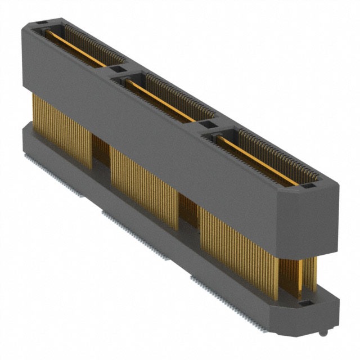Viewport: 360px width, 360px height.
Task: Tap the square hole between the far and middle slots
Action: pyautogui.click(x=116, y=69)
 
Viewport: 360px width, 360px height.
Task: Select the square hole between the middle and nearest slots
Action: pyautogui.click(x=207, y=124)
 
